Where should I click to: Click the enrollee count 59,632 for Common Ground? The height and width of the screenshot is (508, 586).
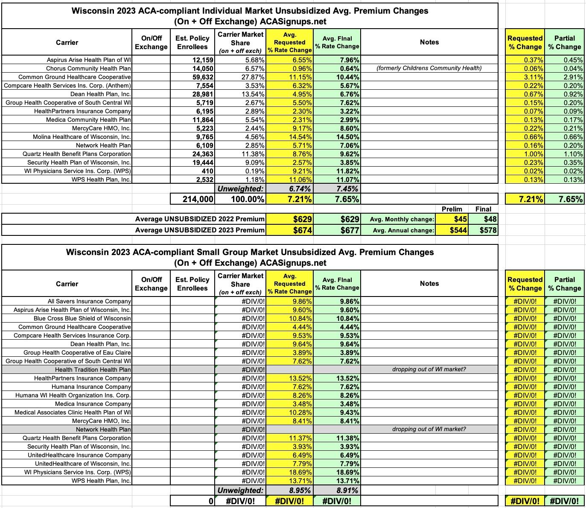click(201, 77)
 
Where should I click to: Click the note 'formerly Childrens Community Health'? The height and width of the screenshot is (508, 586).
click(429, 68)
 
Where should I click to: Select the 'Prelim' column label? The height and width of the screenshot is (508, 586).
click(452, 209)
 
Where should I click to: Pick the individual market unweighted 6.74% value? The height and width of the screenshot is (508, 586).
click(300, 188)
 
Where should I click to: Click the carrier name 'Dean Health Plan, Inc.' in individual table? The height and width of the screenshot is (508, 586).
click(101, 94)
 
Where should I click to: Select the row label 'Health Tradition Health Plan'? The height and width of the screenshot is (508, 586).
click(93, 370)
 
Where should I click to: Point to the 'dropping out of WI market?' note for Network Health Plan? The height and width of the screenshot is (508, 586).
click(429, 429)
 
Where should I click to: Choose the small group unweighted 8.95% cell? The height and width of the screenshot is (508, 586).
click(300, 490)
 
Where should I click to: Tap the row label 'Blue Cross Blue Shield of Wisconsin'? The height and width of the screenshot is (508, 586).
click(82, 318)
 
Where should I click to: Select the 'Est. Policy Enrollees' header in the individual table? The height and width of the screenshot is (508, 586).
click(192, 42)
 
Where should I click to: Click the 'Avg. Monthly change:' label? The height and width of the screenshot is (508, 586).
click(402, 219)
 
